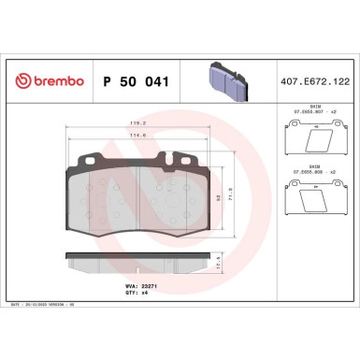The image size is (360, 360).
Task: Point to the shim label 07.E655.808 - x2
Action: click(x=314, y=172)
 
